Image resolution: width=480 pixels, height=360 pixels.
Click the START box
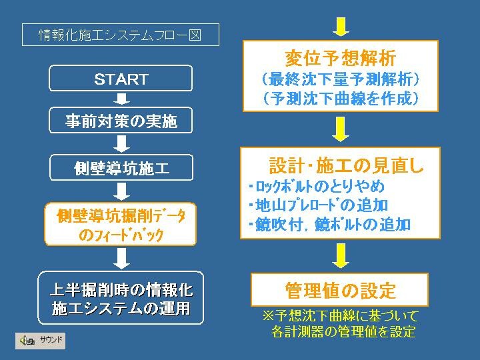[121, 78]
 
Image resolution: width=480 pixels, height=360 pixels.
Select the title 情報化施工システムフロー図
[120, 35]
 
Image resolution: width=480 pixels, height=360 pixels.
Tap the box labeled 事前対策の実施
[121, 120]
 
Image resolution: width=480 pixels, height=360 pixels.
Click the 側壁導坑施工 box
[121, 167]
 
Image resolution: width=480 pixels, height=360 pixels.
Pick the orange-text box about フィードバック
[120, 224]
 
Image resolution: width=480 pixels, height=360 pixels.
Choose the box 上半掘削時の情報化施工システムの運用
[121, 298]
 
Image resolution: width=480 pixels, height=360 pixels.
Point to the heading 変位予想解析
[341, 58]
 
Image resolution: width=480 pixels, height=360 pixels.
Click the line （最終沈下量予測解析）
[341, 79]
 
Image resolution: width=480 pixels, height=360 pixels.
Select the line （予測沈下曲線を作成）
[341, 98]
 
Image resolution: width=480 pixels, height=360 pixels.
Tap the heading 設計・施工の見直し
[346, 165]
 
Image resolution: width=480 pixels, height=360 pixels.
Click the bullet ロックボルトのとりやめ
[317, 187]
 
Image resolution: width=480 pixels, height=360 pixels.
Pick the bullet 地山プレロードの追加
[319, 205]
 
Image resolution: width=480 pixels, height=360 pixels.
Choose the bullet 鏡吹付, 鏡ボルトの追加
[329, 225]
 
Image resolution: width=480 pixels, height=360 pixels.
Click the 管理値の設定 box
[339, 289]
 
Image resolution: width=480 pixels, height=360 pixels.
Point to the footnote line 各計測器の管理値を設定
[343, 331]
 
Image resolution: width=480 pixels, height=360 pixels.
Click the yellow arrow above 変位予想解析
[341, 27]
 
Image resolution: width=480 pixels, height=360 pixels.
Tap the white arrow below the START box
[121, 99]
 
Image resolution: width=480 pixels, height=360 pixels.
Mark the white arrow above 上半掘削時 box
[121, 259]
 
